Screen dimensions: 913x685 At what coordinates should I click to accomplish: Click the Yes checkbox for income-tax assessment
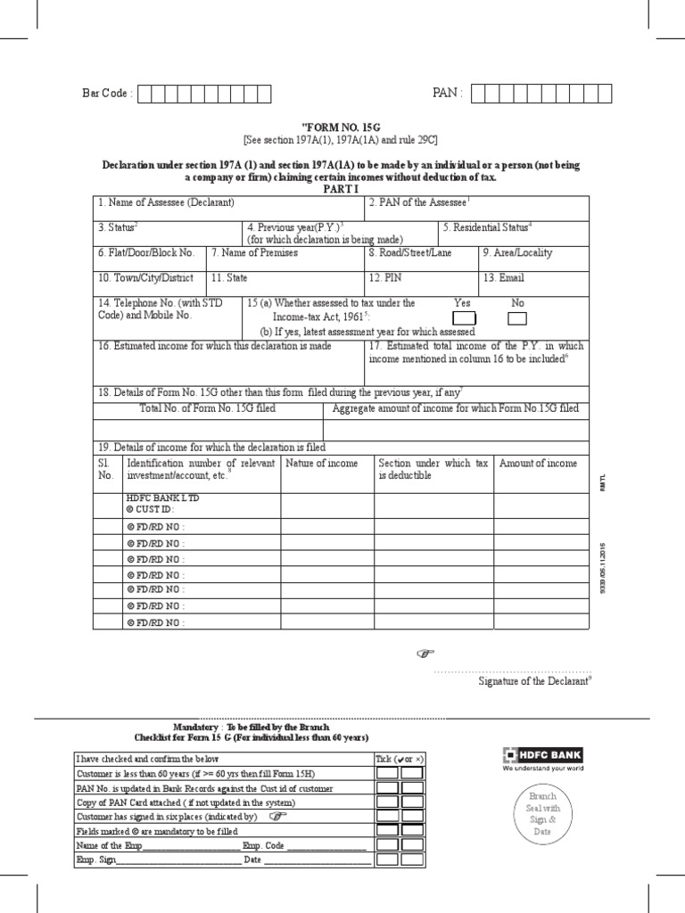pyautogui.click(x=464, y=319)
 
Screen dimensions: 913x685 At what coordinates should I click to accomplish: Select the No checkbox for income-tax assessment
pyautogui.click(x=517, y=319)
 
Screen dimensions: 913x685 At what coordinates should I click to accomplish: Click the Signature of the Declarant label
pyautogui.click(x=535, y=681)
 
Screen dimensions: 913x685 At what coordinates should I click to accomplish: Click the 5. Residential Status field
pyautogui.click(x=514, y=232)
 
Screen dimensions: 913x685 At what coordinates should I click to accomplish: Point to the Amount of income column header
pyautogui.click(x=538, y=464)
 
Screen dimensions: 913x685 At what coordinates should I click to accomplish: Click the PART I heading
pyautogui.click(x=342, y=189)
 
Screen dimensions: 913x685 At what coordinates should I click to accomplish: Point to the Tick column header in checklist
pyautogui.click(x=398, y=759)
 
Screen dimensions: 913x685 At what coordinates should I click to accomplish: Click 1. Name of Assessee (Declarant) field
pyautogui.click(x=229, y=209)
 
